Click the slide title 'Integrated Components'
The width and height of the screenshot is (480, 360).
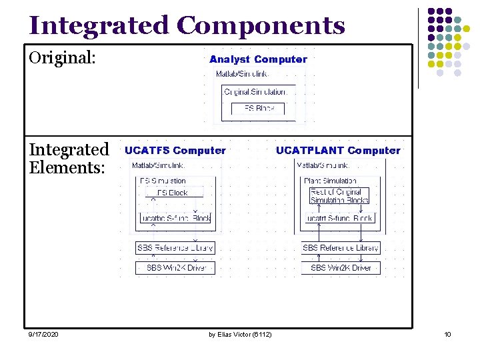(x=187, y=25)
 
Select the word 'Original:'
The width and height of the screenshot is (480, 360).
(x=63, y=58)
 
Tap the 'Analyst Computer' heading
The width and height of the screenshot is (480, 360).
(x=258, y=59)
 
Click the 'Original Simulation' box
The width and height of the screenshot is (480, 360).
(x=257, y=92)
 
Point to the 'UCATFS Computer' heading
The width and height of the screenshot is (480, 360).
(x=175, y=151)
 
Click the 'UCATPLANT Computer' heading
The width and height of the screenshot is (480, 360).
(x=338, y=151)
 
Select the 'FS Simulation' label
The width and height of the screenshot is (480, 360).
(x=163, y=181)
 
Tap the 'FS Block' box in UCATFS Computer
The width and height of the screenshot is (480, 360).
(x=173, y=193)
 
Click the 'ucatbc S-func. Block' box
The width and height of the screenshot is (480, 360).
(x=175, y=218)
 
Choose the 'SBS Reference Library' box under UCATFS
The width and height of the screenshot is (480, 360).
(x=175, y=248)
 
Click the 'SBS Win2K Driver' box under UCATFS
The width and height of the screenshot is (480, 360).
(x=175, y=268)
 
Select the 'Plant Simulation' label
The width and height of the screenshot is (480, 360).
(x=330, y=181)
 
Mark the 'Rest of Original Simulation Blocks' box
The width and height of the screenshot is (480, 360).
(x=339, y=196)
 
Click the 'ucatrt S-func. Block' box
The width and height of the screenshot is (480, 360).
(x=340, y=218)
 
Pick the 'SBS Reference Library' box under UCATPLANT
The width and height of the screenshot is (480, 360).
(x=341, y=248)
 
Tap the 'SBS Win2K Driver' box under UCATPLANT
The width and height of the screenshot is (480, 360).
(x=341, y=268)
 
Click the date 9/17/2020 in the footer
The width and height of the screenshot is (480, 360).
(x=43, y=334)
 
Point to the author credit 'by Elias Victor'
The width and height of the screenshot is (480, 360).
(x=240, y=334)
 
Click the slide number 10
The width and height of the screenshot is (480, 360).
(x=447, y=334)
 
